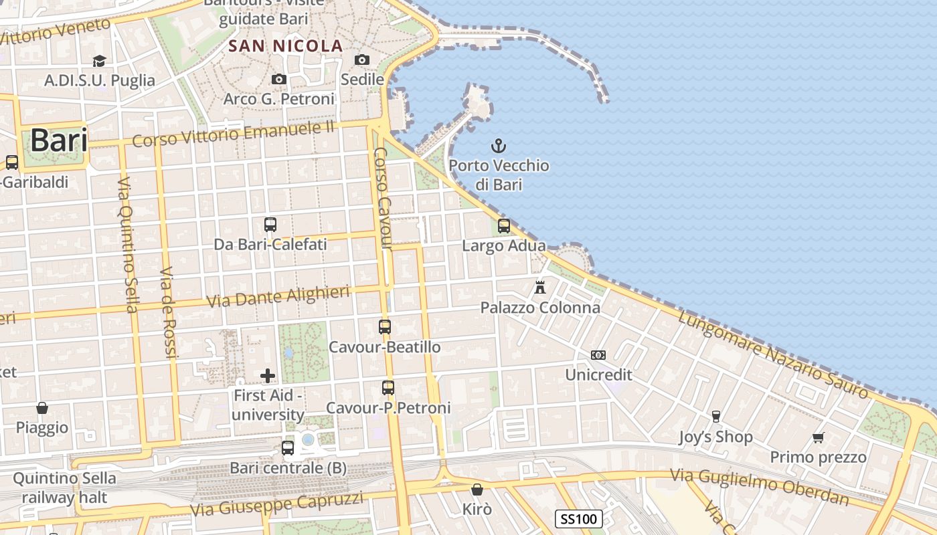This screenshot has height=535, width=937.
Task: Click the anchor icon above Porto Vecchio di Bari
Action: tap(498, 145)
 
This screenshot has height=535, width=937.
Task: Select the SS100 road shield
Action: tap(578, 518)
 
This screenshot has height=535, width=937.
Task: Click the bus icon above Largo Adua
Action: tap(504, 226)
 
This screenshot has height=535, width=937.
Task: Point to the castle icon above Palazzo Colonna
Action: tap(540, 288)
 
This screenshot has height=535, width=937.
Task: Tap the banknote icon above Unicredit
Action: tap(598, 355)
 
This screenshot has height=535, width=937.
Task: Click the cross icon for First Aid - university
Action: tap(268, 375)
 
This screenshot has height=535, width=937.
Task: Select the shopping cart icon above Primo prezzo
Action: tap(818, 437)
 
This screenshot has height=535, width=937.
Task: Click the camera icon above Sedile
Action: tap(362, 60)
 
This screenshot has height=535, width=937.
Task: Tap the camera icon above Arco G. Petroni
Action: tap(279, 80)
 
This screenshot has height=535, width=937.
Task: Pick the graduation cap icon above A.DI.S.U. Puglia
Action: tap(100, 61)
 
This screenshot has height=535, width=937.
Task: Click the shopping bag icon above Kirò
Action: tap(477, 490)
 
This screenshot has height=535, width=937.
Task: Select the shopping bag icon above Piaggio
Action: tap(42, 408)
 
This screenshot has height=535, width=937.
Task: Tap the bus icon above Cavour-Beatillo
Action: tap(385, 327)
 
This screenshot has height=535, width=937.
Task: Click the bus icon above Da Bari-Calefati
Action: tap(270, 225)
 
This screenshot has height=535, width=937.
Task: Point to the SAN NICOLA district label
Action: tap(286, 46)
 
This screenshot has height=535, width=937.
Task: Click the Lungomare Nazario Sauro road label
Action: tap(772, 354)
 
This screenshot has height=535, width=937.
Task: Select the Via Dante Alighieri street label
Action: tap(278, 296)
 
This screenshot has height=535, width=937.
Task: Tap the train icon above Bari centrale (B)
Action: tap(288, 448)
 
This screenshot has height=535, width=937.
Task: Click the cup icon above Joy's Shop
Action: tap(715, 417)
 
